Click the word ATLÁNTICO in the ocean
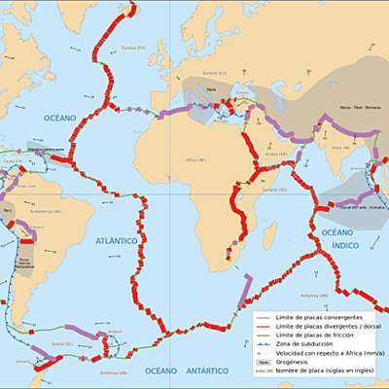click(116, 240)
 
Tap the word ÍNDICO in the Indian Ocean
click(338, 246)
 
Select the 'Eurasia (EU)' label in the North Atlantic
click(133, 48)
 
